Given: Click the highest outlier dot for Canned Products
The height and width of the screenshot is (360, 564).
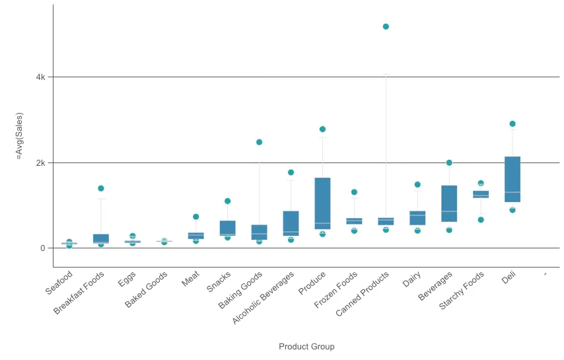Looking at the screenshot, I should tap(386, 26).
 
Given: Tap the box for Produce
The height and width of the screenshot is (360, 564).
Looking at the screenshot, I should tap(322, 203).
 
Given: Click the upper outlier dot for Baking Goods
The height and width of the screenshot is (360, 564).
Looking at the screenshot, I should tap(260, 142).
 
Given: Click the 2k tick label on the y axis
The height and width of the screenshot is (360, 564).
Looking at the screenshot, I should tap(41, 162).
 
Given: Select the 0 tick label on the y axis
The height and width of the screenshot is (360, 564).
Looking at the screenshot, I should tap(43, 248).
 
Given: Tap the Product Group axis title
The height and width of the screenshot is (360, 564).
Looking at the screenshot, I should tap(306, 347).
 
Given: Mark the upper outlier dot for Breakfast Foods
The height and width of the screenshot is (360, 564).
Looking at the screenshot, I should tap(101, 188).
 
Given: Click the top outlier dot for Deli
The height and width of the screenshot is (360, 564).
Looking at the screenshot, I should tap(512, 124).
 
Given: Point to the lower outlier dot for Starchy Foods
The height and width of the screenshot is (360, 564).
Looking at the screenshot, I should tap(481, 219).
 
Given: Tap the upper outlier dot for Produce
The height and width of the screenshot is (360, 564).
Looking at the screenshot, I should tap(322, 129).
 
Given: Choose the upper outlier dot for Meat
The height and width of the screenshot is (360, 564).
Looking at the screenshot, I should tap(196, 217).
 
